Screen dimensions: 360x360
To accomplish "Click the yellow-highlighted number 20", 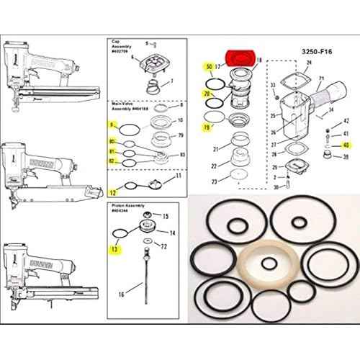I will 207,94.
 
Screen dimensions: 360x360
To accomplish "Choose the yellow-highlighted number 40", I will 346,145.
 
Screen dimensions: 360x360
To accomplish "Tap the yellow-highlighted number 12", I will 112,192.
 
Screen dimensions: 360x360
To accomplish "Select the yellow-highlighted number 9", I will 112,125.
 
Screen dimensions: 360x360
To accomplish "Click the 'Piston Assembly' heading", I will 123,205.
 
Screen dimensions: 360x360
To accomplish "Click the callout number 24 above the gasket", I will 308,63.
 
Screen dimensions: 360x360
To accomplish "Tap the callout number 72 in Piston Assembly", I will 165,246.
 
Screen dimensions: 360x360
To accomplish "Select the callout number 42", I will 346,122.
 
